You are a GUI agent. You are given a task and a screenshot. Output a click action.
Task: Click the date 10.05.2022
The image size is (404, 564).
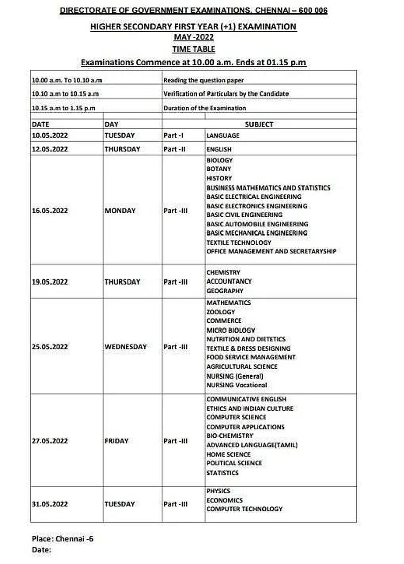pos(49,135)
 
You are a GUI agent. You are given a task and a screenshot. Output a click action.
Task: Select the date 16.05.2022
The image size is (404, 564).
pos(49,211)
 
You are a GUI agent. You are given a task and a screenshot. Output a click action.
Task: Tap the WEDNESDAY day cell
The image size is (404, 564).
pos(126,347)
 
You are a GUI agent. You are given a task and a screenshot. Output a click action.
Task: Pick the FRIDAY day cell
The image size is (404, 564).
pos(117,441)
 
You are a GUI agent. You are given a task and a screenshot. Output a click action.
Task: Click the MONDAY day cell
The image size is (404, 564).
pos(120,211)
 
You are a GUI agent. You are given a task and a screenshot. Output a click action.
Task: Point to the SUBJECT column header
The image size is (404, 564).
pos(259,124)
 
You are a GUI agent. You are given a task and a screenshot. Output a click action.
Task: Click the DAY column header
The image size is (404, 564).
pos(111,124)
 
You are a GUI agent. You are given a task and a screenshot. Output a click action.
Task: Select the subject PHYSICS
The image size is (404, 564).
pos(218,491)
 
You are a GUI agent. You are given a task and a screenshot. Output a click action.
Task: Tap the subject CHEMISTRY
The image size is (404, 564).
pos(223,272)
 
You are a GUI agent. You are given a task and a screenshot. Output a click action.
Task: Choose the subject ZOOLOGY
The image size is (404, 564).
pos(221,312)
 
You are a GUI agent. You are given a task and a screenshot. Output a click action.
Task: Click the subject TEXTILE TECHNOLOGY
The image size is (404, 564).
pos(239,242)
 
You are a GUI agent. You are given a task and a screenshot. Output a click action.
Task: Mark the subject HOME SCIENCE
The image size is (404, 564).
pos(228,454)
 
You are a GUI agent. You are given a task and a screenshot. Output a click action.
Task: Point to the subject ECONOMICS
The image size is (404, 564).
pos(224,500)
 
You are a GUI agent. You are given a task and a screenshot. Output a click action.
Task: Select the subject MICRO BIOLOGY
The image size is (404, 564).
pos(231,330)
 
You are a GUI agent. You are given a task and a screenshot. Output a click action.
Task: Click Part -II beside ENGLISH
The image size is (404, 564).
pos(172,149)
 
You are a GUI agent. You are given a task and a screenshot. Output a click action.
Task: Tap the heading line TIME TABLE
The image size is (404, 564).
pos(193,49)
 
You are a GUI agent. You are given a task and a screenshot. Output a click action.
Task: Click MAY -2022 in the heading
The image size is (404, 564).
pos(193,37)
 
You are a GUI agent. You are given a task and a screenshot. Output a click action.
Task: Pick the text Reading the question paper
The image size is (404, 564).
pos(204,80)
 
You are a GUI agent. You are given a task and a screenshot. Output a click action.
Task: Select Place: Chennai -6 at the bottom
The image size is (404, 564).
pos(63,539)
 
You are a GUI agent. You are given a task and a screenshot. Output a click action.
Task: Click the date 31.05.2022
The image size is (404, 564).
pos(49,504)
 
